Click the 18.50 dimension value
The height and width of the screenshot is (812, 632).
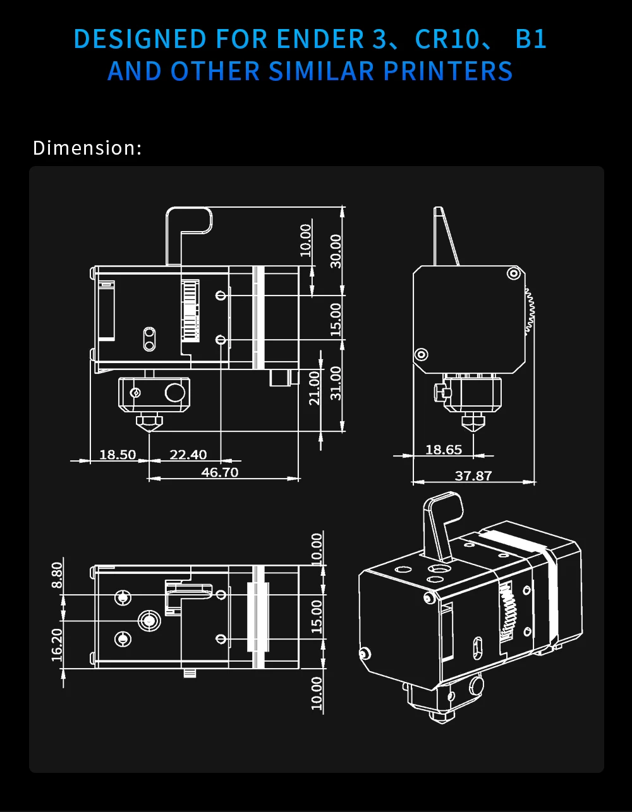click(x=118, y=455)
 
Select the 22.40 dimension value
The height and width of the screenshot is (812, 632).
click(x=188, y=455)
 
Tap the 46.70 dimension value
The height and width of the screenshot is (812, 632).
click(x=219, y=472)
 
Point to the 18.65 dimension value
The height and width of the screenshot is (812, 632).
click(x=444, y=449)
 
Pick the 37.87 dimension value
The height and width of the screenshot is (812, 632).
click(x=473, y=475)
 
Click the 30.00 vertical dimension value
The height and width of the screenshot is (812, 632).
click(x=336, y=251)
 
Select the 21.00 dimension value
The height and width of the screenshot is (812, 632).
click(x=315, y=388)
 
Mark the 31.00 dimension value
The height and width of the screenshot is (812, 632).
click(x=336, y=383)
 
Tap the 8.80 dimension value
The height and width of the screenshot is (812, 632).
click(x=57, y=575)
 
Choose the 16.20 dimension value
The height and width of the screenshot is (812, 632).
click(x=57, y=645)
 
